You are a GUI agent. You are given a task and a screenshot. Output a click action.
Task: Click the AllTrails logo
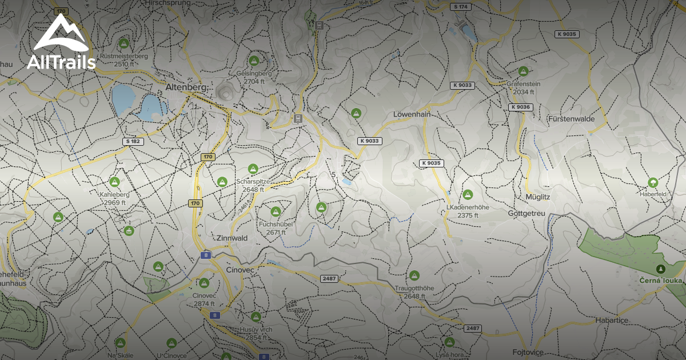(61, 42)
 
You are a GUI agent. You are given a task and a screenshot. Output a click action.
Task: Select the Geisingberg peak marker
(254, 61)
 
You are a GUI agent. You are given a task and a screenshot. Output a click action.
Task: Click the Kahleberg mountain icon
(114, 182)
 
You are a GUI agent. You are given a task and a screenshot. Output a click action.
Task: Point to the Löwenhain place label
(412, 114)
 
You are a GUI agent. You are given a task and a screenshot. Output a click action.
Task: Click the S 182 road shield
(133, 141)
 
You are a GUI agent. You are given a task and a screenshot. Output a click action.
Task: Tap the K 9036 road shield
(521, 107)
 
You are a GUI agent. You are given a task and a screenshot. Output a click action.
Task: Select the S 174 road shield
(460, 7)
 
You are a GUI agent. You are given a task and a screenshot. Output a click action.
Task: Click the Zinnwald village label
(231, 238)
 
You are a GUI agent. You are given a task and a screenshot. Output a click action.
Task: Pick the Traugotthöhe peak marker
(414, 275)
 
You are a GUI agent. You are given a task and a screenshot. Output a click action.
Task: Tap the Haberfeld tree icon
(652, 183)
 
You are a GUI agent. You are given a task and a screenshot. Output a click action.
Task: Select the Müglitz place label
(537, 197)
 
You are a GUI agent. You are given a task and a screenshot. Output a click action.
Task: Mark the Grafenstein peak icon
(523, 71)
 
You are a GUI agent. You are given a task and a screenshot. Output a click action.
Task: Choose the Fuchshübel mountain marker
(276, 212)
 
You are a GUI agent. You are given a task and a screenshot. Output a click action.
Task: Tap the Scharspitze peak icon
(253, 169)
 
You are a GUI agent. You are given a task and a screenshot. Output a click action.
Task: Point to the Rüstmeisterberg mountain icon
(123, 43)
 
